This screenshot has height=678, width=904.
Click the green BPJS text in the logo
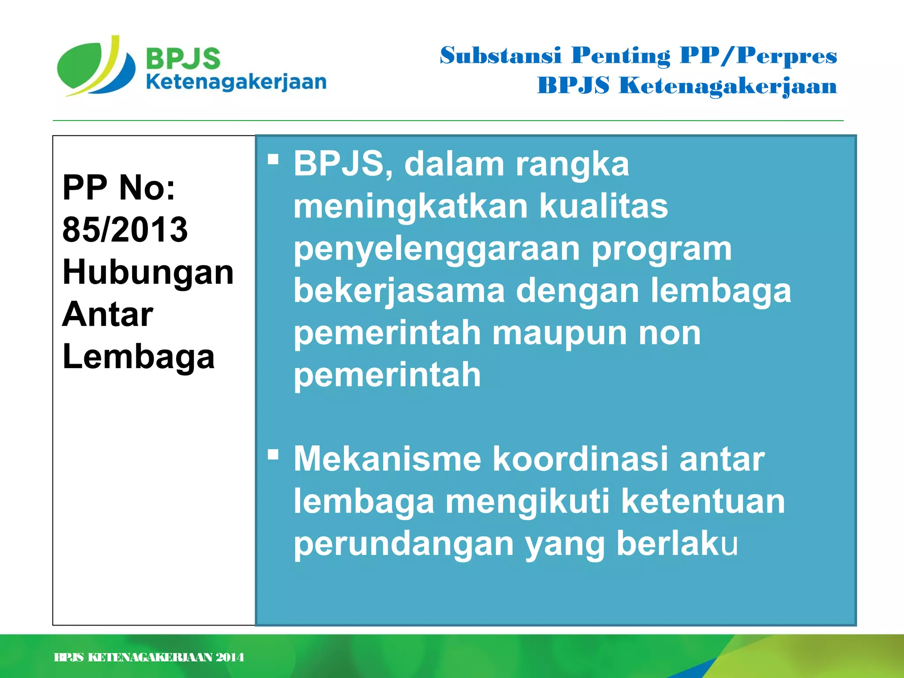[183, 58]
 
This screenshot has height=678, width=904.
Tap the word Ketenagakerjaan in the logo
[236, 83]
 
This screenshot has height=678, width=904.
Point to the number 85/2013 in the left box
[125, 230]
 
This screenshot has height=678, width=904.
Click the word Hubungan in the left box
[148, 272]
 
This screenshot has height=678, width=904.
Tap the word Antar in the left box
[108, 314]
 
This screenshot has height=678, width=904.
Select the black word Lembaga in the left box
[139, 357]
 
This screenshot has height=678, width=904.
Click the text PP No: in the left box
[119, 188]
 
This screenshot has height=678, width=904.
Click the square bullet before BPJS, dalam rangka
[273, 159]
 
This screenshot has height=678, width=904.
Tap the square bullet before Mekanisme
[273, 454]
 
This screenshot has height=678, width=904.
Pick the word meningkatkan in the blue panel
[411, 207]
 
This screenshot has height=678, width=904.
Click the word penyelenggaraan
[437, 249]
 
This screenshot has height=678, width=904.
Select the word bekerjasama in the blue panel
[399, 291]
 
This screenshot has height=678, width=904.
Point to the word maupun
[560, 333]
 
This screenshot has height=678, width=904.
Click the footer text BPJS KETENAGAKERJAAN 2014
[149, 657]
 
